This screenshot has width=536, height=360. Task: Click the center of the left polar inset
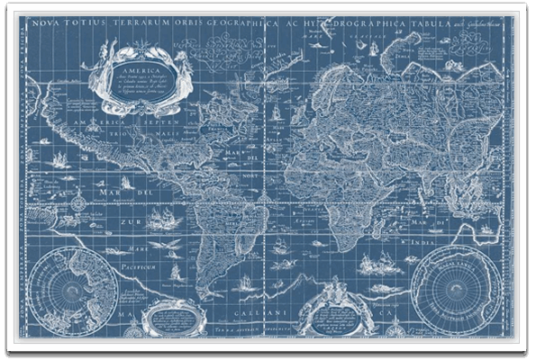coord(73,292)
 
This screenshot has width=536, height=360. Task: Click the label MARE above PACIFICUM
coord(133,239)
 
